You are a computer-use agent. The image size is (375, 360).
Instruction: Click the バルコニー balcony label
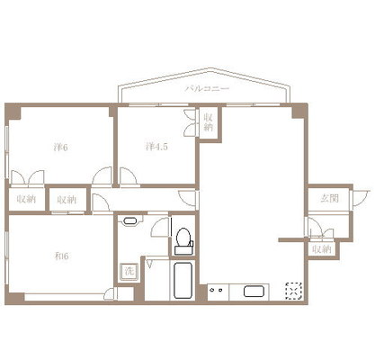pos(207,88)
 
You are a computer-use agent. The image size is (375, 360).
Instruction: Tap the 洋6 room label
pos(61,148)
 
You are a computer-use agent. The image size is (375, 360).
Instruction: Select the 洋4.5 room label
pos(156,147)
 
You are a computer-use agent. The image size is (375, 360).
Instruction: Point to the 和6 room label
pos(62,256)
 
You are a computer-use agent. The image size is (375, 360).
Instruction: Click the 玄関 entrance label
pos(329,198)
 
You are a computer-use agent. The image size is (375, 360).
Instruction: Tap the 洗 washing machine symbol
pos(129,272)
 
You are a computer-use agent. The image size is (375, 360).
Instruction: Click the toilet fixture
pos(183,241)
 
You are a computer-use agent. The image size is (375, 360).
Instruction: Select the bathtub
pos(183,280)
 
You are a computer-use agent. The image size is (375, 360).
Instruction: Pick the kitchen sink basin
pos(254,292)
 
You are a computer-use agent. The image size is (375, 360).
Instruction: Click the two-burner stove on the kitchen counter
pos(217,290)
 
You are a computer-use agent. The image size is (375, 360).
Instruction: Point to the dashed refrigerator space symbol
pos(294,291)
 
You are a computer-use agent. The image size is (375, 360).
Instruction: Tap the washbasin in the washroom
pos(129,221)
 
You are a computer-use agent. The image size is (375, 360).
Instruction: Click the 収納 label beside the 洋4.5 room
pos(209,122)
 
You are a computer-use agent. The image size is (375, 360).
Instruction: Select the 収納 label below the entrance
pos(322,249)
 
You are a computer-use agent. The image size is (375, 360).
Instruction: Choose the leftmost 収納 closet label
pos(26,199)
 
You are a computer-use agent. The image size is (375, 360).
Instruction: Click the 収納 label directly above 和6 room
pos(67,200)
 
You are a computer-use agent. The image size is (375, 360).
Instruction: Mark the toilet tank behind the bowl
pos(183,250)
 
